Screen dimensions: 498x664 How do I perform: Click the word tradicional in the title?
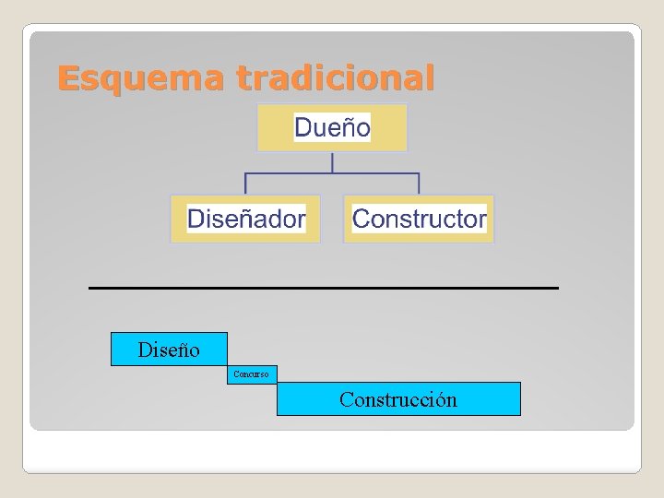click(x=334, y=78)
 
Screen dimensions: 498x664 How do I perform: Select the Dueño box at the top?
click(x=332, y=127)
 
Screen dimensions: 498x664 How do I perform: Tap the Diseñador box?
click(x=245, y=219)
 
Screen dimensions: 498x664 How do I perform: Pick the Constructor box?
click(x=419, y=219)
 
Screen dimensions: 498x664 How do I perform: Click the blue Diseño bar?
click(x=169, y=350)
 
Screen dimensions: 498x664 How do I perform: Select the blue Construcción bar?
click(x=398, y=399)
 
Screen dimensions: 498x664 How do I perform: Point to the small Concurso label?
click(x=251, y=374)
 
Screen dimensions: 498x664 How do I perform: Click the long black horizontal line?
click(x=323, y=289)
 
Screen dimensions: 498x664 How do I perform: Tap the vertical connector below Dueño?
click(x=332, y=162)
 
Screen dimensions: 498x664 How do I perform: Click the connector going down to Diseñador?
click(x=245, y=184)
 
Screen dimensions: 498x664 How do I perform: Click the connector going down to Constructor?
click(x=419, y=184)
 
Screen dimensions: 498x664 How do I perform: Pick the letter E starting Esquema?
click(x=66, y=78)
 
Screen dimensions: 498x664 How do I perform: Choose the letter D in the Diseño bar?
click(x=144, y=350)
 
